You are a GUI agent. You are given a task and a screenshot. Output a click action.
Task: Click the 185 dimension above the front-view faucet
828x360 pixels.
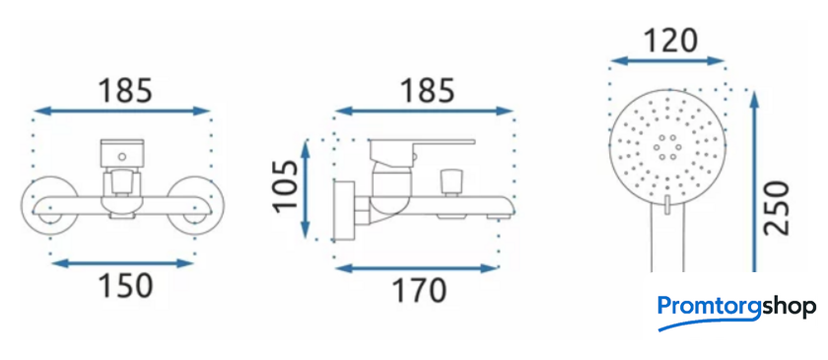(x=125, y=90)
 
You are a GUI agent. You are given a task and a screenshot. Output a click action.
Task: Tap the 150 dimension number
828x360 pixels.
(x=126, y=286)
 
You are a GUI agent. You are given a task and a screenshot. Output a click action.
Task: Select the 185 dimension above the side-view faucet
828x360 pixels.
(x=427, y=90)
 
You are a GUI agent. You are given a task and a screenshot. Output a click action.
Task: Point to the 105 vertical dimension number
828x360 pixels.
(x=286, y=185)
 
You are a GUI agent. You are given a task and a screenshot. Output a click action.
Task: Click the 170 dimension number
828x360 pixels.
(x=419, y=290)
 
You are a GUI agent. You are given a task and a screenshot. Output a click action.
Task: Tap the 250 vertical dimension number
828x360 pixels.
(x=778, y=208)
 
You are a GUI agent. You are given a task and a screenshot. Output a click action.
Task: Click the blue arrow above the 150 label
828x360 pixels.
(x=122, y=263)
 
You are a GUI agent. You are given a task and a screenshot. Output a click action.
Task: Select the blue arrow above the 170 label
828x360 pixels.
(x=417, y=268)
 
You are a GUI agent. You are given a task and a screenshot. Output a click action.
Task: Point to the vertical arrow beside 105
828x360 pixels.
(x=306, y=188)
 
